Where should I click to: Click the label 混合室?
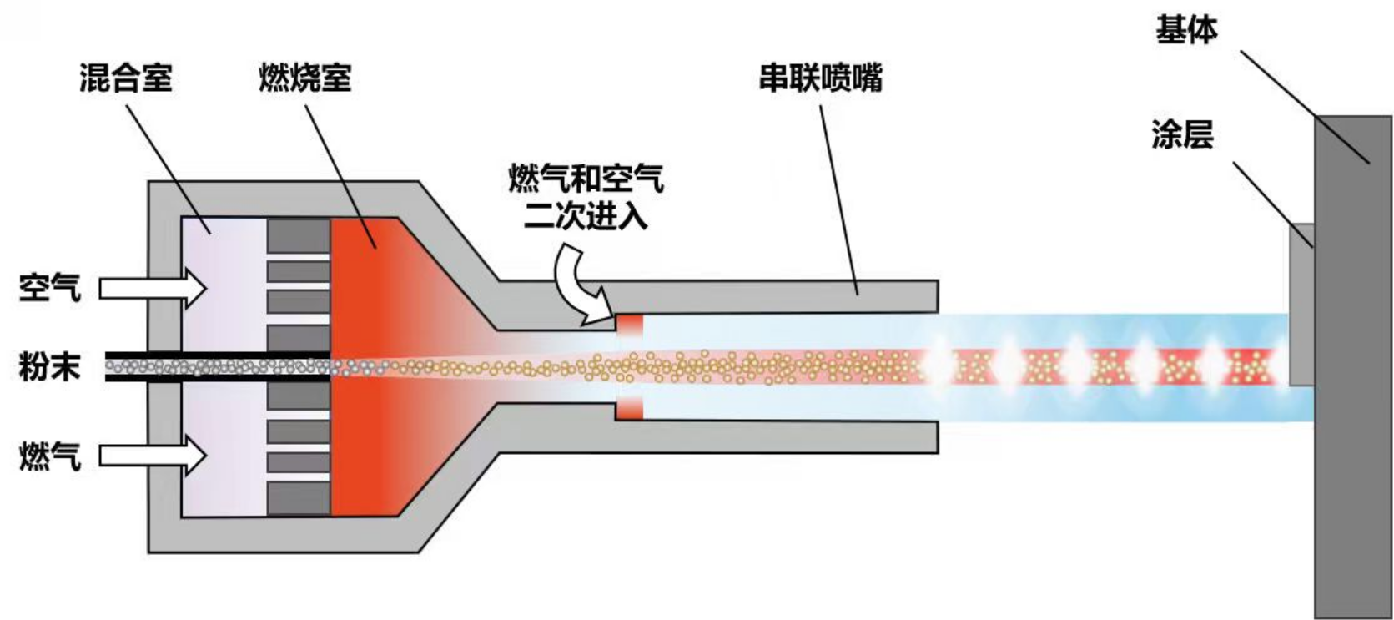126,78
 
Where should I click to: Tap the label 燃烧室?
304,78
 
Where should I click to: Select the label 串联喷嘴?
820,78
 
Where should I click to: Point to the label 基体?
1185,30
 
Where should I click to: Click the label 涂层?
1182,134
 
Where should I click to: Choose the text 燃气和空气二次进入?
586,198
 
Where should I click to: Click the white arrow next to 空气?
153,289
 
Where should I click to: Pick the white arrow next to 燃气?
153,456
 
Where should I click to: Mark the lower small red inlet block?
630,410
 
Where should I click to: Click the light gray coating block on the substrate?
1301,305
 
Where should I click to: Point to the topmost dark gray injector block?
299,235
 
